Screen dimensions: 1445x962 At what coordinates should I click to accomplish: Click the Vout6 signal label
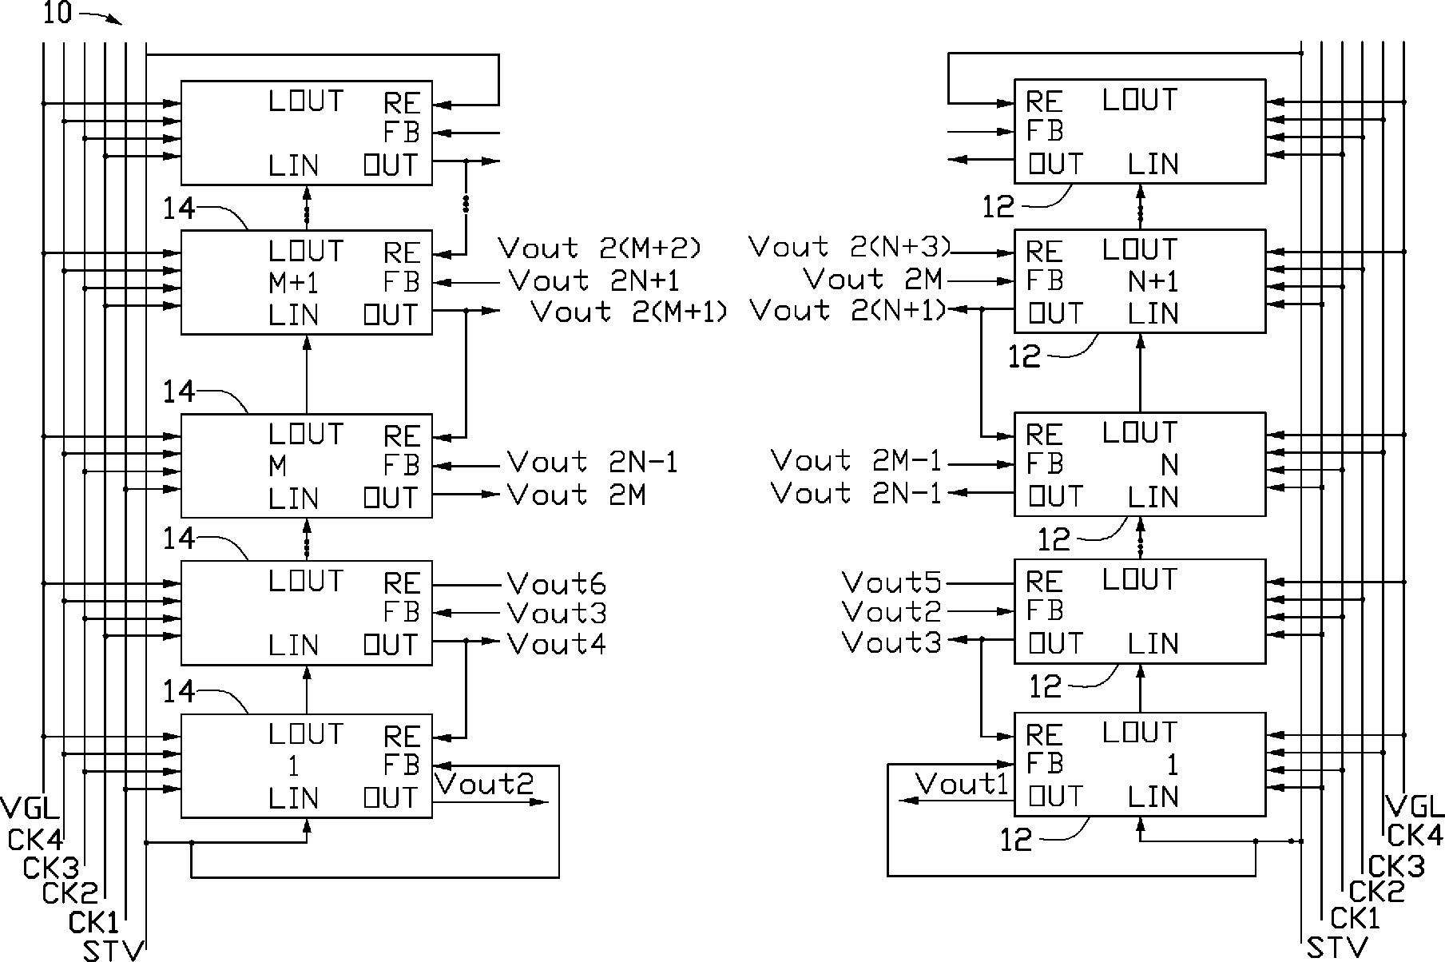tap(557, 584)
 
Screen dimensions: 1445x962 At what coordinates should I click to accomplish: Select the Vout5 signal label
tap(891, 582)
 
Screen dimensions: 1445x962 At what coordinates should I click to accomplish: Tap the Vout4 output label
tap(557, 644)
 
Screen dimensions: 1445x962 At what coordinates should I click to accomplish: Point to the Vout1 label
tap(962, 784)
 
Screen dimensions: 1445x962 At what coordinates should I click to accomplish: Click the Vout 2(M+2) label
tap(600, 248)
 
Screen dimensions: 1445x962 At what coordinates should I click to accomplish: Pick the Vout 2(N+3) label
tap(851, 247)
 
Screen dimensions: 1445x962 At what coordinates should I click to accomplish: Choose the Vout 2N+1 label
tap(594, 280)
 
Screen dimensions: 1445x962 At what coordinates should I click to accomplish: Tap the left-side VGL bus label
tap(30, 808)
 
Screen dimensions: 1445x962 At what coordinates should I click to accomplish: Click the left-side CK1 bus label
tap(93, 923)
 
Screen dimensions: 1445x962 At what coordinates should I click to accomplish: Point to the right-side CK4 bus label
tap(1415, 836)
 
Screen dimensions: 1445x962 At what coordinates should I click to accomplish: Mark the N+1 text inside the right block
tap(1154, 281)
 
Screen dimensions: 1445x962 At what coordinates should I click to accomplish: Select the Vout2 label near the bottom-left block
tap(485, 784)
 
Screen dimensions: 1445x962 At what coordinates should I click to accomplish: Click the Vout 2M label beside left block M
tap(577, 495)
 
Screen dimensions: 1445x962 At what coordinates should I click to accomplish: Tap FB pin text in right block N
tap(1045, 464)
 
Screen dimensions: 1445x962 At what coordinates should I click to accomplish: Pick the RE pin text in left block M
tap(402, 437)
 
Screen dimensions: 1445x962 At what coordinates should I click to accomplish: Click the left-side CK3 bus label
tap(51, 869)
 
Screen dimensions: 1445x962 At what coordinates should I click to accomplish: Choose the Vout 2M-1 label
tap(857, 461)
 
